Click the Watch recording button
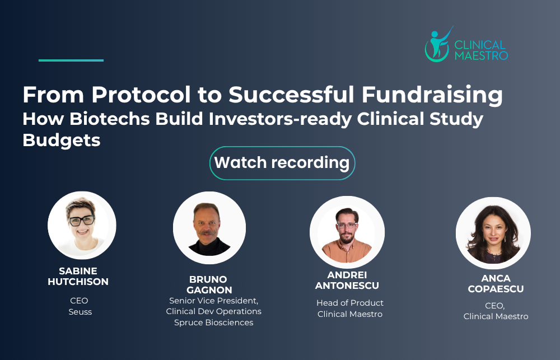(282, 163)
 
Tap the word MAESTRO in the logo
(481, 55)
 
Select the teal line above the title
(71, 60)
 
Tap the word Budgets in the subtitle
(62, 140)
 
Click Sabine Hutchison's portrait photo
(82, 225)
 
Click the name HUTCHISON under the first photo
(78, 282)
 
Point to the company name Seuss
(80, 312)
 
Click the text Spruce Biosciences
(213, 322)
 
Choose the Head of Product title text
(350, 303)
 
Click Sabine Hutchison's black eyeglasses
(82, 220)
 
